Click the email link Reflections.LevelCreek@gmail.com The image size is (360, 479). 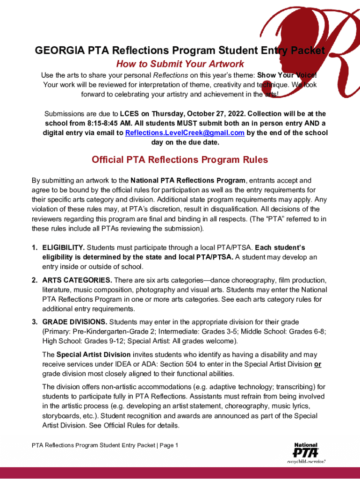pyautogui.click(x=185, y=133)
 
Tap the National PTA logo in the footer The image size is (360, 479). pyautogui.click(x=306, y=451)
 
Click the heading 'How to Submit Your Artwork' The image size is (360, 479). pyautogui.click(x=180, y=64)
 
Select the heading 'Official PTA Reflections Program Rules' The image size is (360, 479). pyautogui.click(x=180, y=160)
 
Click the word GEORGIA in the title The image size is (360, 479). pyautogui.click(x=55, y=51)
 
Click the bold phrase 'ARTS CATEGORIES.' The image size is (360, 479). pyautogui.click(x=77, y=280)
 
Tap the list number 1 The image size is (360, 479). pyautogui.click(x=35, y=247)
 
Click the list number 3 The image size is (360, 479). pyautogui.click(x=35, y=322)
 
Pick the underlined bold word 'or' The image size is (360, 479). pyautogui.click(x=317, y=364)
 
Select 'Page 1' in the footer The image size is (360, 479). pyautogui.click(x=169, y=445)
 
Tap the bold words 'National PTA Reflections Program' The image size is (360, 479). pyautogui.click(x=187, y=180)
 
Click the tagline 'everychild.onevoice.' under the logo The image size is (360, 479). pyautogui.click(x=306, y=461)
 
